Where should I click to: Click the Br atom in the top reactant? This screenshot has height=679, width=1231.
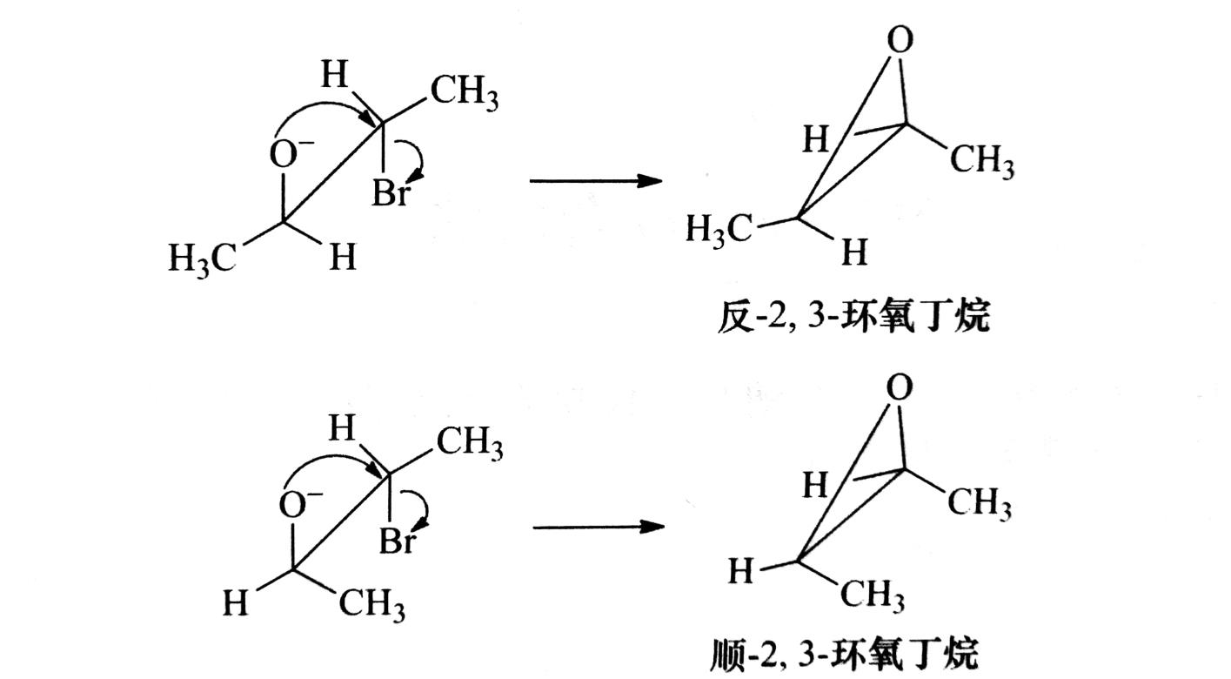[x=389, y=192]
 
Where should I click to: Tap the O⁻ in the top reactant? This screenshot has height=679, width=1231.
[x=287, y=154]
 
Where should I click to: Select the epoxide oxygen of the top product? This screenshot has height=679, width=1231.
[x=902, y=41]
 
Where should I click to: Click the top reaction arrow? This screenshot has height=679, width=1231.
[x=596, y=181]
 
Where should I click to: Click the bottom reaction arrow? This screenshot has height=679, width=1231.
[x=598, y=527]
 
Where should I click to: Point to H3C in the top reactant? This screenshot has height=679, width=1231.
[x=202, y=259]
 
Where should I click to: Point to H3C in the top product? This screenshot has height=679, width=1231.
[x=719, y=230]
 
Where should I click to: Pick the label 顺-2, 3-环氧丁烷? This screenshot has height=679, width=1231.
[x=844, y=653]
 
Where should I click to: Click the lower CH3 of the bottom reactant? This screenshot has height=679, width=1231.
[x=371, y=604]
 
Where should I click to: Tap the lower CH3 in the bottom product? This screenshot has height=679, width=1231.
[x=872, y=596]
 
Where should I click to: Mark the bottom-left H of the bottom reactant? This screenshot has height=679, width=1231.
[x=235, y=602]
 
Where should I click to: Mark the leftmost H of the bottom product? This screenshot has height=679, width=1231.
[x=741, y=572]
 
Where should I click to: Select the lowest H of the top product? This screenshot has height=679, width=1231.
[x=854, y=253]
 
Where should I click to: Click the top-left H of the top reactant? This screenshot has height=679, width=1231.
[x=333, y=76]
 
